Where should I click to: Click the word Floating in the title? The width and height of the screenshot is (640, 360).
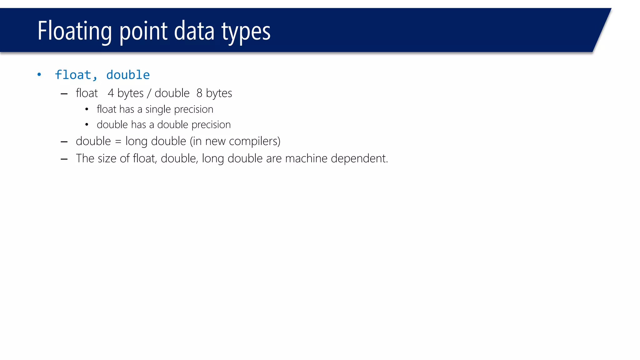pos(74,31)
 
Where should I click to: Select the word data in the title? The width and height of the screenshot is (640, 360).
pos(194,31)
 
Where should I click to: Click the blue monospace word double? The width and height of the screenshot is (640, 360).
pos(128,75)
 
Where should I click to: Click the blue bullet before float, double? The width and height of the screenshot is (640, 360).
pos(39,74)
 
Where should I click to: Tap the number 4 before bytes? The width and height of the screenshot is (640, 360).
pos(111,93)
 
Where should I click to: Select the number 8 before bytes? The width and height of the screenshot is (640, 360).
pos(199,93)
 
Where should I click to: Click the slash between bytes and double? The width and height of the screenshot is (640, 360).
pos(149,93)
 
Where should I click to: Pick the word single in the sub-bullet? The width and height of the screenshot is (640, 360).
pos(158,110)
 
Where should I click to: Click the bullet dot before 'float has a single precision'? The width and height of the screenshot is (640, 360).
pos(87,109)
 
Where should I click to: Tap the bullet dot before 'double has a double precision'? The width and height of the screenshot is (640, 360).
pos(87,125)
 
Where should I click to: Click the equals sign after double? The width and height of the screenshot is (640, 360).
pos(118,142)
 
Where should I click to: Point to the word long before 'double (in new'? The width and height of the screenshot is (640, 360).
pos(136,142)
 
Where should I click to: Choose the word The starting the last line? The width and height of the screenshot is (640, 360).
pos(85,158)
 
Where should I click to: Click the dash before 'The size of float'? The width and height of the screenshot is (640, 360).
pos(64,159)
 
